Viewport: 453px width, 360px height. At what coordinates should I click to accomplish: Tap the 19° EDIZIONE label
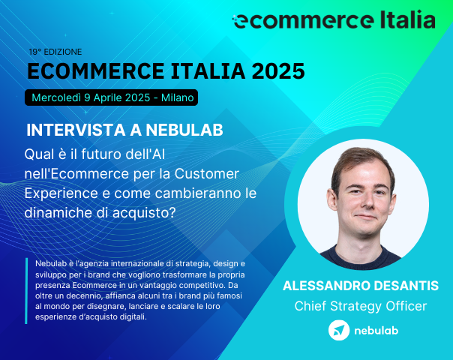[x=55, y=52]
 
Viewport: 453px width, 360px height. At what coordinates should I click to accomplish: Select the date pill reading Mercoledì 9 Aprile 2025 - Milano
[x=112, y=97]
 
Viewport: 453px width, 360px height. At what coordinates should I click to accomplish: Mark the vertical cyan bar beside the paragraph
[x=26, y=291]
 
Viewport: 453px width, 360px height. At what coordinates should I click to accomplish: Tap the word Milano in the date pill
[x=175, y=97]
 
